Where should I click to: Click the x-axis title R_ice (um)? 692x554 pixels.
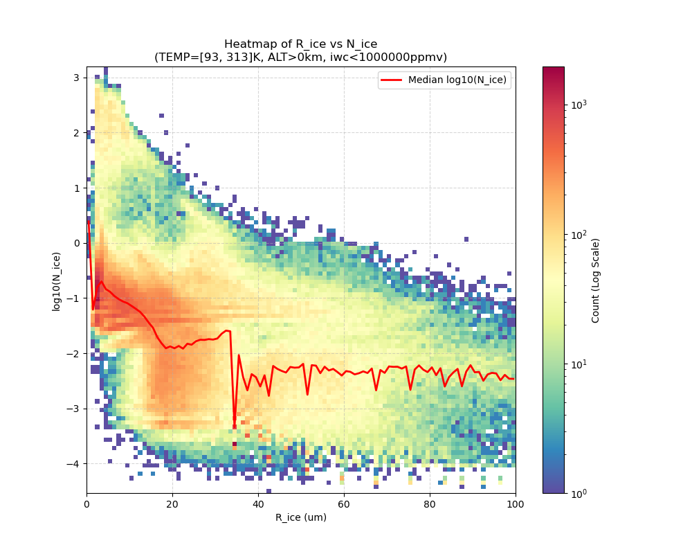point(300,517)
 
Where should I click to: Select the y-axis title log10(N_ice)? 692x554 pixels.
point(56,280)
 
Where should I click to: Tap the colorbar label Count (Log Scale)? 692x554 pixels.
point(595,280)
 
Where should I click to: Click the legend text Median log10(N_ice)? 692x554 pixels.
point(457,80)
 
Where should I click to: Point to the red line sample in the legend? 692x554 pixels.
point(392,80)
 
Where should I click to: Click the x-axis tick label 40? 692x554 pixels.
point(258,503)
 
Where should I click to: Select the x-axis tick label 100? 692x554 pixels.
point(515,503)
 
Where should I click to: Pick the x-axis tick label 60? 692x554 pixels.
point(344,503)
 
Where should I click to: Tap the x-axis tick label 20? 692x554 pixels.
point(172,503)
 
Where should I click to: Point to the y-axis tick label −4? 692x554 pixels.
point(75,463)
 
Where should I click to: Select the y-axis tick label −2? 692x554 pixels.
point(75,353)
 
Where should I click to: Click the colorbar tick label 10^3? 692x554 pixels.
point(579,105)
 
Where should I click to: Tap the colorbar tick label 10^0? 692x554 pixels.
point(579,493)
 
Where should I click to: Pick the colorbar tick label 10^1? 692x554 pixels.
point(579,364)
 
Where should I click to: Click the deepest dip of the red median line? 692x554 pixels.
point(234,425)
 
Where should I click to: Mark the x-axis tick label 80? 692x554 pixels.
point(430,503)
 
